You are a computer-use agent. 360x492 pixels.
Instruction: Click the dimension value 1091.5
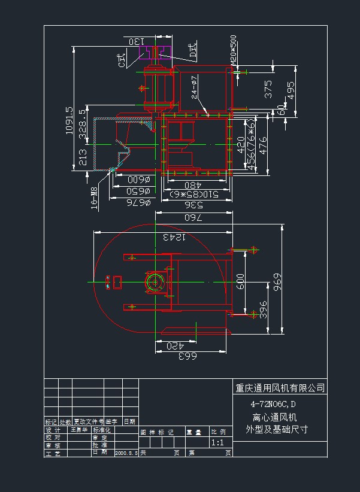69,121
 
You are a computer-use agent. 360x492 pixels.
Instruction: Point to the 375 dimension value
268,89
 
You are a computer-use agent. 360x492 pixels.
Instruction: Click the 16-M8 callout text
94,196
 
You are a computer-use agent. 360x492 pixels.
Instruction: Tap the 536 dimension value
193,204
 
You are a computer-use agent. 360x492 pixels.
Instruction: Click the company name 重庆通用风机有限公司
280,388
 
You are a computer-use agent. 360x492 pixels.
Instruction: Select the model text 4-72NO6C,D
273,404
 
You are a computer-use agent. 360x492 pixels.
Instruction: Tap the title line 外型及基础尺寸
276,429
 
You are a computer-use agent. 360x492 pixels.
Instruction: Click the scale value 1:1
217,443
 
